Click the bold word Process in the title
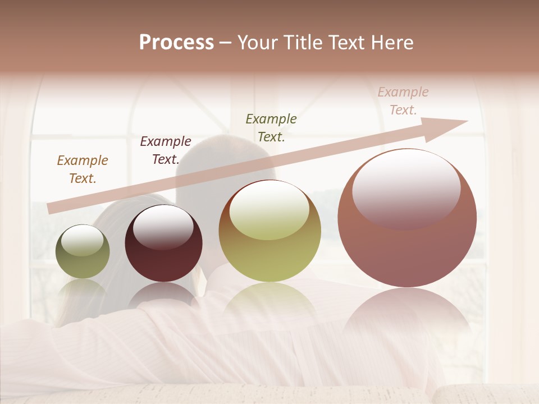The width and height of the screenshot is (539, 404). pyautogui.click(x=176, y=43)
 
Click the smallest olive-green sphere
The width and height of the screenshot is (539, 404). pyautogui.click(x=83, y=252)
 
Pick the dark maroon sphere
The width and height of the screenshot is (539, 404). pyautogui.click(x=163, y=244)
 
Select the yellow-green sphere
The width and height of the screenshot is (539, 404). pyautogui.click(x=270, y=231)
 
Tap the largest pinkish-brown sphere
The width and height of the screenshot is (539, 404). pyautogui.click(x=407, y=218)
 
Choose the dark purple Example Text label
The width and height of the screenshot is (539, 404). pyautogui.click(x=166, y=150)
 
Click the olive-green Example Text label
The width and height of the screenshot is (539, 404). pyautogui.click(x=271, y=128)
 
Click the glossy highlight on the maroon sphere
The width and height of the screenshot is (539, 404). pyautogui.click(x=163, y=226)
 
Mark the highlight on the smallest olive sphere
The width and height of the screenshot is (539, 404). pyautogui.click(x=82, y=240)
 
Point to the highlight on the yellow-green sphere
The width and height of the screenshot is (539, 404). pyautogui.click(x=269, y=212)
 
